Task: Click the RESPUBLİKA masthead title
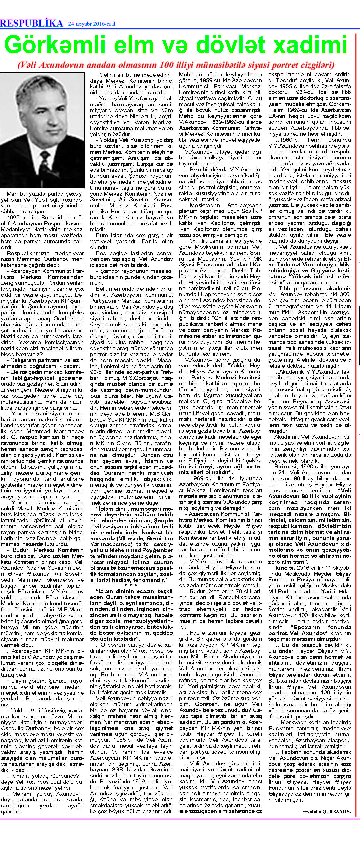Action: click(x=31, y=23)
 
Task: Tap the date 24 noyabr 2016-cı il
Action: click(x=91, y=24)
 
